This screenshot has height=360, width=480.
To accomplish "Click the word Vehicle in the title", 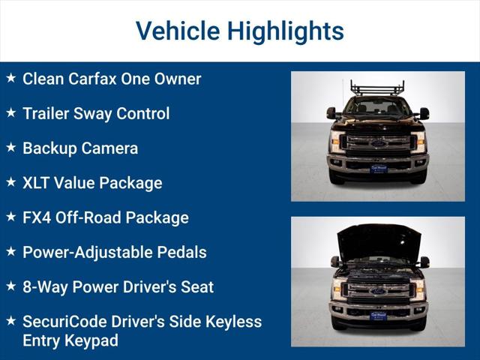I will (178, 31).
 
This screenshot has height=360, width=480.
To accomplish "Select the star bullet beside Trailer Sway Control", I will (10, 112).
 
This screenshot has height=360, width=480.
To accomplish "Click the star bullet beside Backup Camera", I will (10, 148).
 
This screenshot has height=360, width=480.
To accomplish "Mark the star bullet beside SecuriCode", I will (10, 320).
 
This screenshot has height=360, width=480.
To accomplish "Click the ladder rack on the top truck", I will (377, 88).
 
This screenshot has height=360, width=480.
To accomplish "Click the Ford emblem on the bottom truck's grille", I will (378, 291).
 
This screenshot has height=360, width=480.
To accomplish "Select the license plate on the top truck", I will (378, 169).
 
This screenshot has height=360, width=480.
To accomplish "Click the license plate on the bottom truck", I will (378, 316).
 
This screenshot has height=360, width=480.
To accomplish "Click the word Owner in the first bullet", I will (178, 79).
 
